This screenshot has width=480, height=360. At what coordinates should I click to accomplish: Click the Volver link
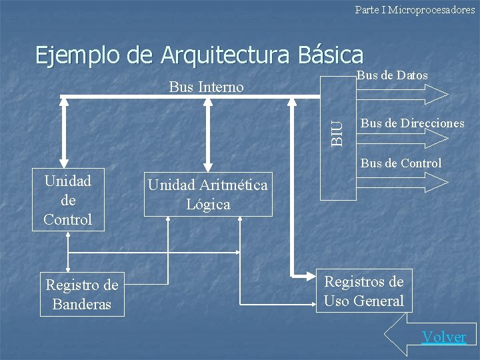click(x=443, y=337)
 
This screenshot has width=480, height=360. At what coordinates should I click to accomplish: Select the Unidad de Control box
click(x=68, y=201)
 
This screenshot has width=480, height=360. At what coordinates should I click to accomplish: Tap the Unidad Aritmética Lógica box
click(x=208, y=195)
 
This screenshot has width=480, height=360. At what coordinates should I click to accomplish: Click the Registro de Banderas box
click(x=82, y=295)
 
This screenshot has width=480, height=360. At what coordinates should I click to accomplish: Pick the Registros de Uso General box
click(x=363, y=291)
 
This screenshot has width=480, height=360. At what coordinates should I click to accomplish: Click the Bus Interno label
click(x=207, y=87)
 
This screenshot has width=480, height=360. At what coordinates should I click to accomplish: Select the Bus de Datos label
click(x=393, y=75)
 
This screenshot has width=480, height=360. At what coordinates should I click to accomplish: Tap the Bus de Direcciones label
click(x=413, y=123)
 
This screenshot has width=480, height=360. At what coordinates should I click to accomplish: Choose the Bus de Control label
click(x=401, y=163)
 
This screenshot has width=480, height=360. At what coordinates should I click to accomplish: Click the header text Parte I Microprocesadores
click(x=415, y=10)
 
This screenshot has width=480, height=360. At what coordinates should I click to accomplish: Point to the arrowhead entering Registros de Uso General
click(x=308, y=274)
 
